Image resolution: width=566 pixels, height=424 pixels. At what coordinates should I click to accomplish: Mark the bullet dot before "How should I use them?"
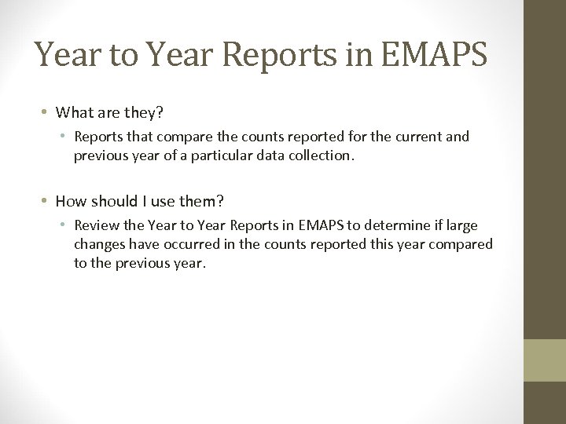click(47, 202)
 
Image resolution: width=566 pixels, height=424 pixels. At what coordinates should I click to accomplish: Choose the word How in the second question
click(70, 201)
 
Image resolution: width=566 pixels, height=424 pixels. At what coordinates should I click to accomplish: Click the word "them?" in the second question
click(207, 201)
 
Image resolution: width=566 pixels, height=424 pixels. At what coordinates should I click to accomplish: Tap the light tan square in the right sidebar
click(544, 360)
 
